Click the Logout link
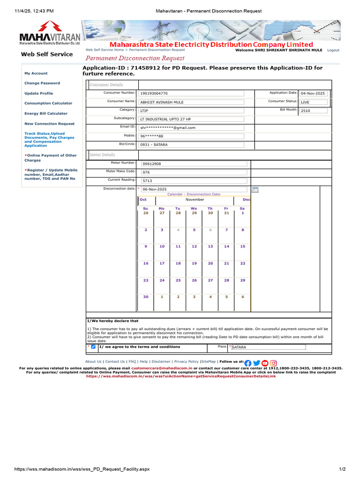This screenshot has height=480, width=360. [333, 50]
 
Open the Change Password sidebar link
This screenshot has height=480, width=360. [42, 83]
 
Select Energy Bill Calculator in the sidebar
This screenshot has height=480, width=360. [46, 113]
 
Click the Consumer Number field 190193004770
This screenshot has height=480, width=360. [191, 93]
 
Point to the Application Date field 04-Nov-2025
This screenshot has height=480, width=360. [314, 93]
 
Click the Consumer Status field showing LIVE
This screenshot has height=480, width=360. [314, 102]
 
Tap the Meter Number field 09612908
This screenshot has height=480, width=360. [193, 164]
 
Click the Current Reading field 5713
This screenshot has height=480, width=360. [193, 180]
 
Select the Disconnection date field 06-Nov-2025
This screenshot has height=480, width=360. [193, 189]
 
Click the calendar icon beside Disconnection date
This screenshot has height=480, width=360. [255, 190]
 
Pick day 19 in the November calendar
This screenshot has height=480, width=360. [194, 263]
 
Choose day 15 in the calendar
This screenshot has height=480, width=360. [242, 246]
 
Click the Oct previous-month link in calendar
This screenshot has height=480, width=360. [143, 200]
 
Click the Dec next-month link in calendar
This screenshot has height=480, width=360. [246, 200]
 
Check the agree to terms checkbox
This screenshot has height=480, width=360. [93, 347]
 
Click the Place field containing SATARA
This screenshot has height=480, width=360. [268, 347]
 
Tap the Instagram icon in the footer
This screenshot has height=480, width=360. [274, 363]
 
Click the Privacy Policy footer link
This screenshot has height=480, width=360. [186, 362]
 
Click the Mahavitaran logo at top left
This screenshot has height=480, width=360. [50, 34]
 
